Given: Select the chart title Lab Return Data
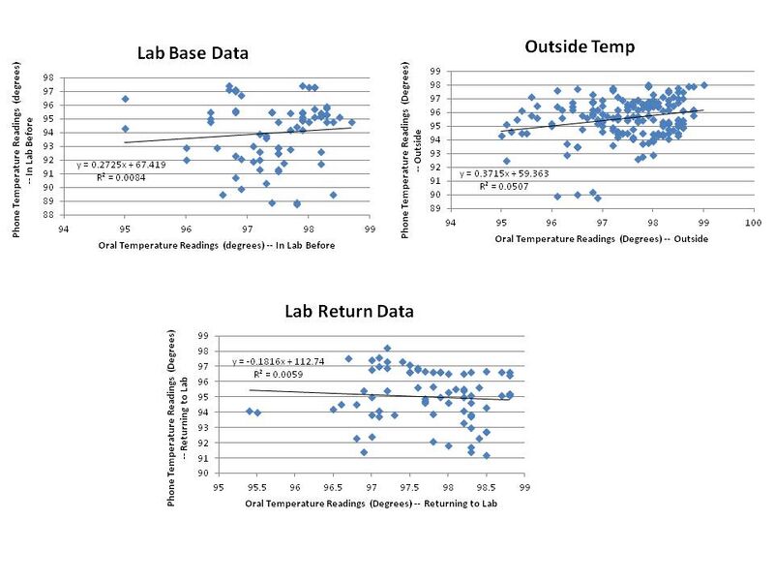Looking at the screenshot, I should (x=348, y=312).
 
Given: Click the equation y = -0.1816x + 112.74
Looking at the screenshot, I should (x=273, y=361).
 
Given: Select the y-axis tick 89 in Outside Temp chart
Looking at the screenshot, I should (x=434, y=209).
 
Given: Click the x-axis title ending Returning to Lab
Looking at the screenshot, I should (x=370, y=504).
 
